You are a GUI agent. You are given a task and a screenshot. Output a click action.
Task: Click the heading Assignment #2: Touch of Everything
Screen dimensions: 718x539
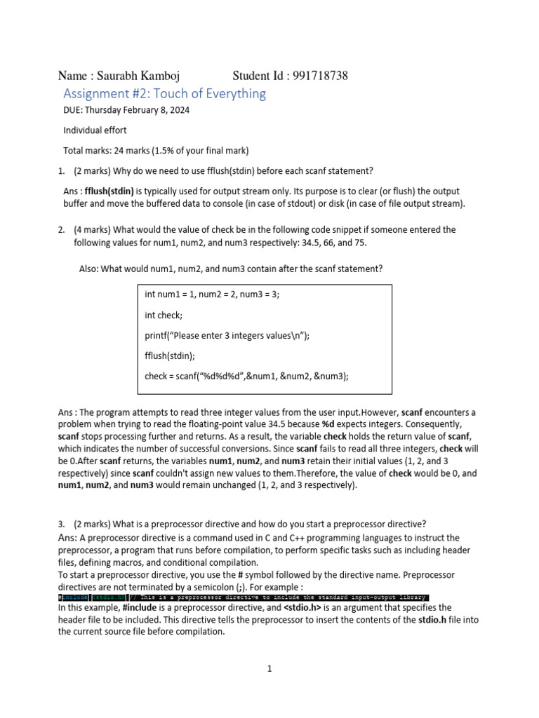coord(164,94)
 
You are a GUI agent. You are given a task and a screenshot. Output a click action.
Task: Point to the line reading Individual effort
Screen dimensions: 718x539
coord(95,130)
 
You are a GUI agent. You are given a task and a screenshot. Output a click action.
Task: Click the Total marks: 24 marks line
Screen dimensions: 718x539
coord(156,150)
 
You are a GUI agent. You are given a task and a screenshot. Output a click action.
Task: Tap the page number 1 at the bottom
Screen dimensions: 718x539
coord(269,669)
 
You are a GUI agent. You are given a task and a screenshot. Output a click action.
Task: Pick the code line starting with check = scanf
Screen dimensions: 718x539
coord(246,376)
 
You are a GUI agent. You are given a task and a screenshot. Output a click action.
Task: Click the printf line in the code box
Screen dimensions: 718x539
coord(227,335)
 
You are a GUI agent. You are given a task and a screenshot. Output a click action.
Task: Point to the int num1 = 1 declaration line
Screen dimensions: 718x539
coord(212,294)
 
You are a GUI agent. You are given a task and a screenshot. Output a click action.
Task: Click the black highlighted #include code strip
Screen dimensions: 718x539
coord(243,597)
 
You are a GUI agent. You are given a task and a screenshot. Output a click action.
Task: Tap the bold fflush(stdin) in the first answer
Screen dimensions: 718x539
coord(109,191)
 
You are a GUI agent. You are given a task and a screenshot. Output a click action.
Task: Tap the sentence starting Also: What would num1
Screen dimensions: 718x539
coord(232,269)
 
